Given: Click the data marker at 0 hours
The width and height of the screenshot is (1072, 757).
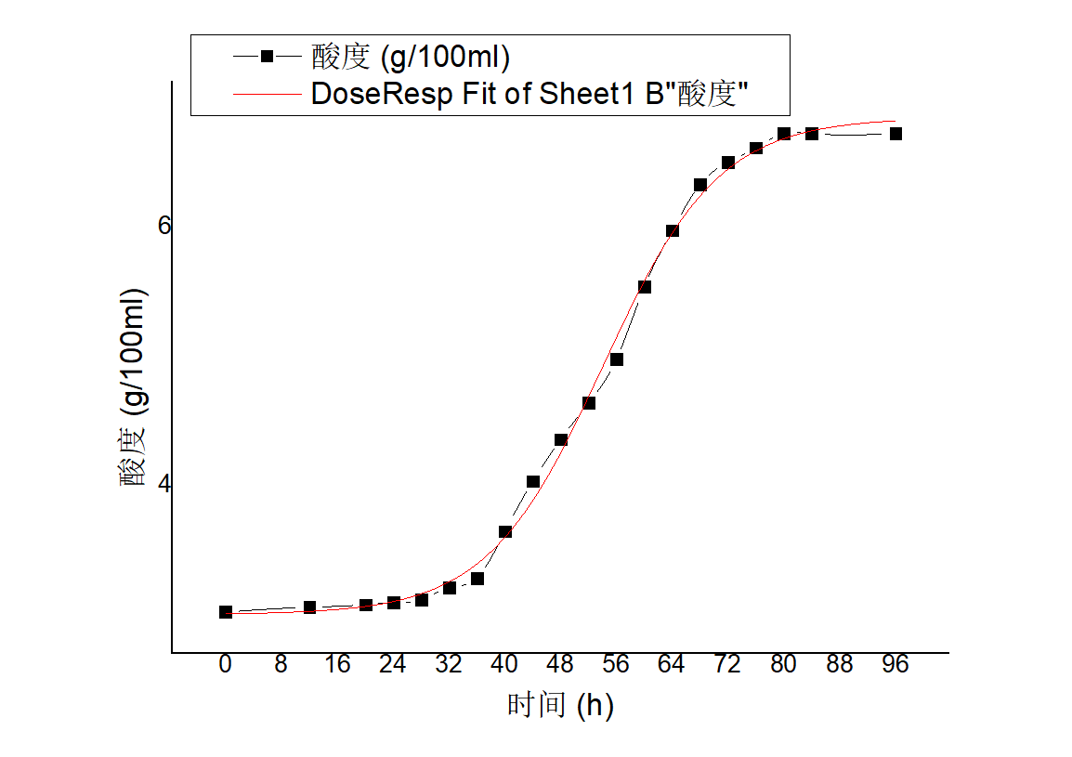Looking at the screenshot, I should click(x=226, y=612).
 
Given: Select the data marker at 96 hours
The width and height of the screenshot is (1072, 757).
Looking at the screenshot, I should click(x=896, y=134).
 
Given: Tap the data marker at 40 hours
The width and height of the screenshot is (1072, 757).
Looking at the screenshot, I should click(x=505, y=532).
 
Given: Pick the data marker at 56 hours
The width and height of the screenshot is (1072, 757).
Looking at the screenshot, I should click(x=617, y=359).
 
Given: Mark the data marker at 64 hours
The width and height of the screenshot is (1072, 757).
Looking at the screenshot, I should click(x=673, y=231).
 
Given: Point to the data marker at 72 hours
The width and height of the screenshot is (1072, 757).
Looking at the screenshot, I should click(x=728, y=163).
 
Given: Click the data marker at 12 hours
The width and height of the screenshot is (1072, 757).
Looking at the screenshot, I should click(x=310, y=607).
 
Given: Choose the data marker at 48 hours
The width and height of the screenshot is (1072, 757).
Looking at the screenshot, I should click(x=561, y=440).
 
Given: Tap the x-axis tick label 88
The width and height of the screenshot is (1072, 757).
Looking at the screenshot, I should click(x=839, y=665).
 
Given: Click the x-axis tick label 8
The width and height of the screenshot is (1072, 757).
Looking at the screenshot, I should click(x=281, y=665).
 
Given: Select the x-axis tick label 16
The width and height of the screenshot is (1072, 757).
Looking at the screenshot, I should click(x=337, y=665).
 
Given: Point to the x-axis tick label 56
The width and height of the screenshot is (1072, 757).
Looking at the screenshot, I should click(x=616, y=665).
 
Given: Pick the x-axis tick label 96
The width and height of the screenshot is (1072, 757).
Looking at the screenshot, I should click(x=895, y=665).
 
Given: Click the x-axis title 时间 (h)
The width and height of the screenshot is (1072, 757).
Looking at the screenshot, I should click(x=560, y=706).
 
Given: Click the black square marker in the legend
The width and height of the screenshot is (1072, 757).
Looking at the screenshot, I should click(x=267, y=57).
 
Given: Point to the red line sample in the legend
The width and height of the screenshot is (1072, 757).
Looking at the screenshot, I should click(x=267, y=93).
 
